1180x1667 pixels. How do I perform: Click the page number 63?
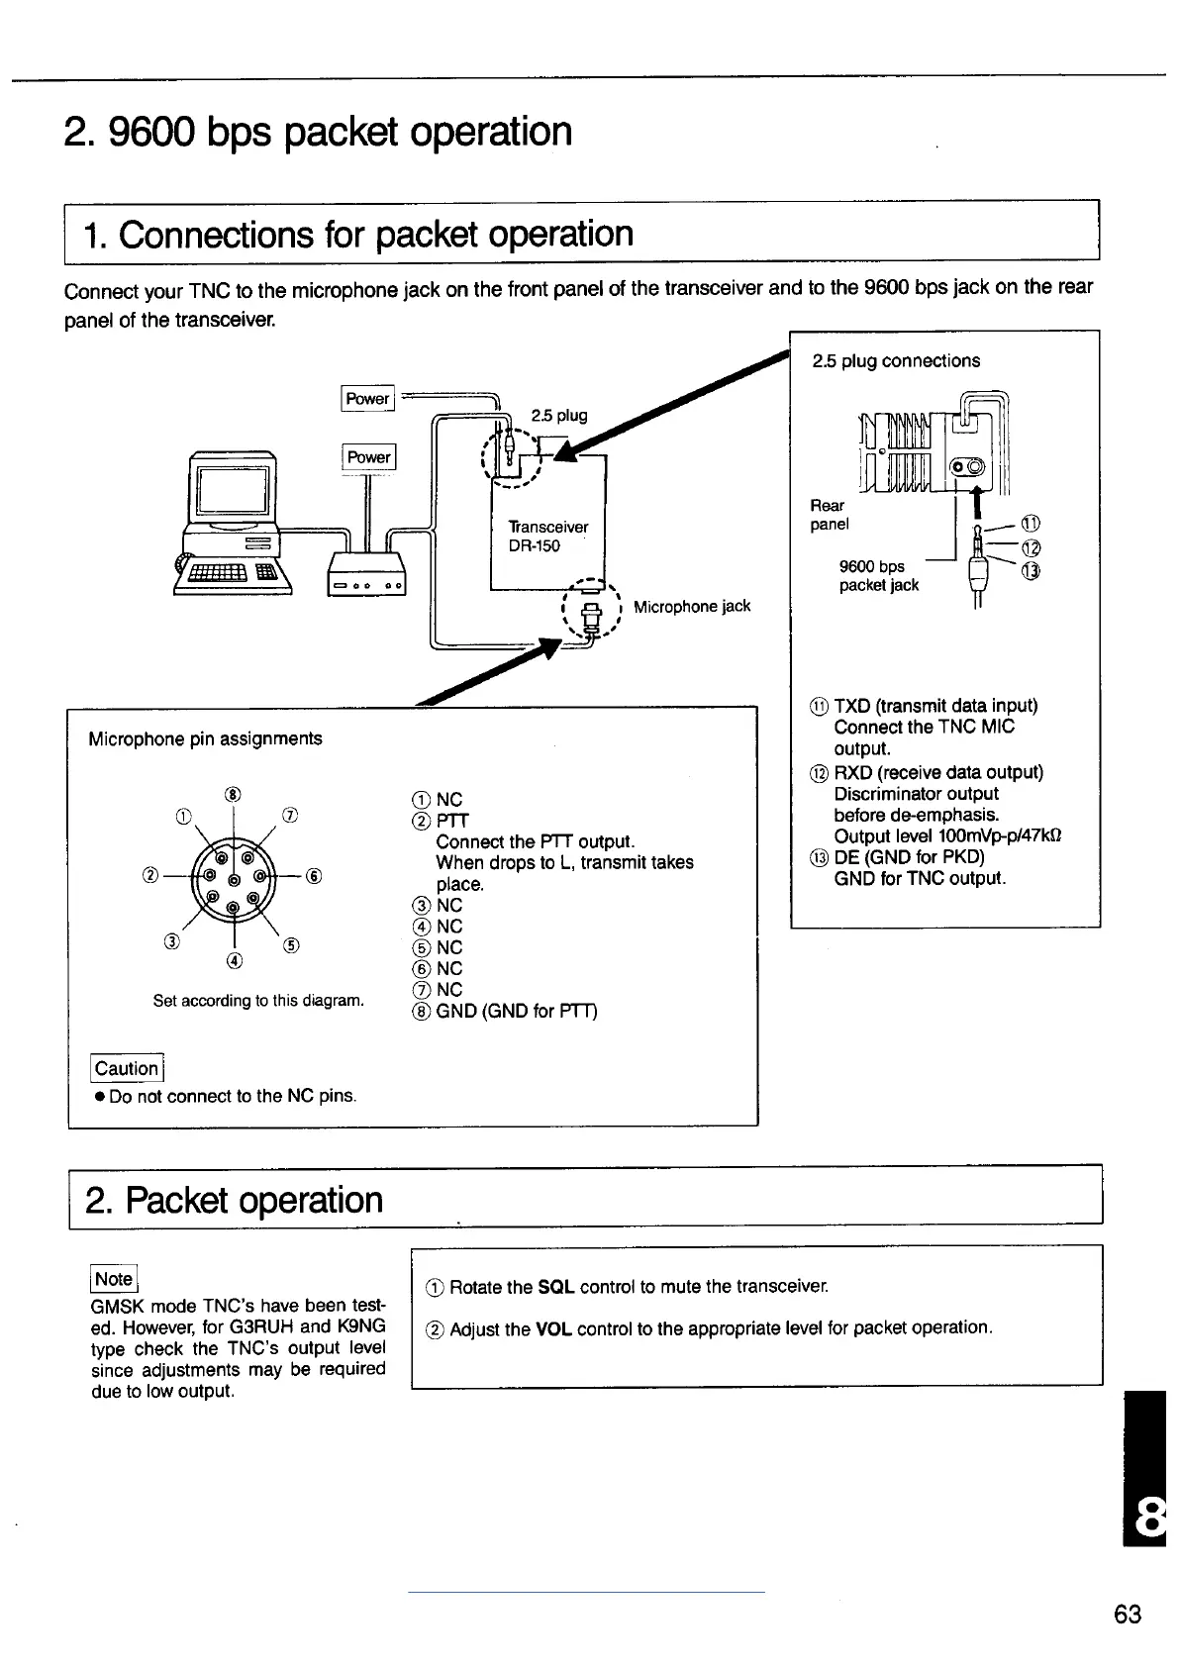(x=1127, y=1615)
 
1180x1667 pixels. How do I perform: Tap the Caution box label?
(x=127, y=1068)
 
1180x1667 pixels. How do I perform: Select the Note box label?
(x=114, y=1279)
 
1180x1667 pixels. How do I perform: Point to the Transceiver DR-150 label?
(x=547, y=537)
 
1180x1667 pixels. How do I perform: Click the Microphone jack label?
(x=691, y=606)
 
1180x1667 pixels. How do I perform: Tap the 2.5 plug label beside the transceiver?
(x=559, y=415)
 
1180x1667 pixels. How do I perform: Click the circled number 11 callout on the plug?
(x=1031, y=524)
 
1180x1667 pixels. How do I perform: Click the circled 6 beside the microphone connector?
(x=313, y=876)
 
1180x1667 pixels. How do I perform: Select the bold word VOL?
(x=553, y=1328)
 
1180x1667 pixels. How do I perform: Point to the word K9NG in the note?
(x=361, y=1326)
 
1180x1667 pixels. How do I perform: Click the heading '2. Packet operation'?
(x=235, y=1200)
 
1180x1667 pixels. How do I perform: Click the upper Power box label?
(x=367, y=398)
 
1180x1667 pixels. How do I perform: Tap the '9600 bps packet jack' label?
(x=878, y=576)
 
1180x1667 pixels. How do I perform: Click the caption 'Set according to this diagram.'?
(x=258, y=1001)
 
